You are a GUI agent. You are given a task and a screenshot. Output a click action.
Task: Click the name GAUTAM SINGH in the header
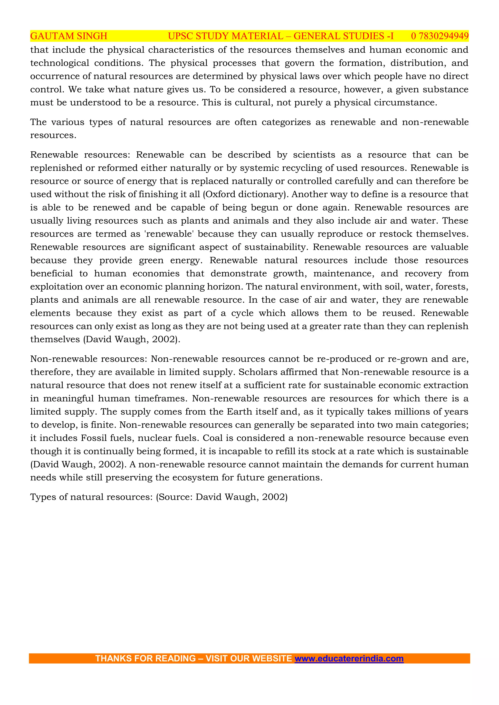[68, 36]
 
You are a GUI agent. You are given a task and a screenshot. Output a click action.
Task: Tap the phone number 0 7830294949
[440, 36]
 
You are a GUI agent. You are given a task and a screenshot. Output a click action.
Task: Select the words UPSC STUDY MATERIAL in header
[226, 36]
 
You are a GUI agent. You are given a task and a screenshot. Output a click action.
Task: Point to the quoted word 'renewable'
[169, 234]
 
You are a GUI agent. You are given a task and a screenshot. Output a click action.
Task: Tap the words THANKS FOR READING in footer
[145, 658]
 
